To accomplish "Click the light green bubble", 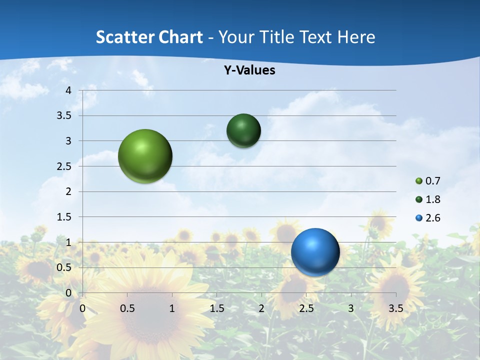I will [x=145, y=156].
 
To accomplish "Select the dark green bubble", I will [x=243, y=130].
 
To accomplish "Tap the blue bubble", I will [x=315, y=251].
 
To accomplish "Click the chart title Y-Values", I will [x=249, y=70].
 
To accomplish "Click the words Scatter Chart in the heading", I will [x=149, y=37].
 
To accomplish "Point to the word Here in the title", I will [x=356, y=37].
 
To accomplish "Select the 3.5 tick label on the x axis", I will [x=395, y=309].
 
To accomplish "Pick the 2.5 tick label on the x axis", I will [x=306, y=309].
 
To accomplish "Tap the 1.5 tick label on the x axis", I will [x=216, y=309].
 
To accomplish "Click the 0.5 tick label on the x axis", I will [x=127, y=309].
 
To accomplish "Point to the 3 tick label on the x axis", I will [x=351, y=309].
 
